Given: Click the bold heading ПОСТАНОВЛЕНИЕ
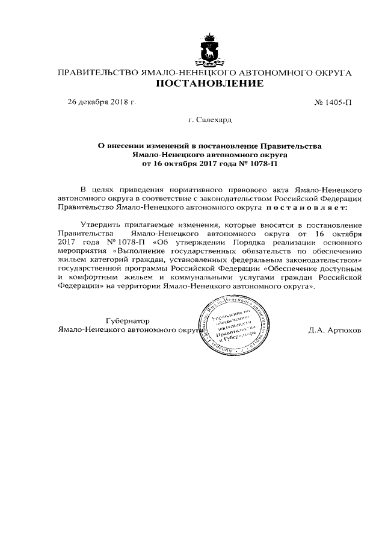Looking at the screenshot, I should (x=209, y=84).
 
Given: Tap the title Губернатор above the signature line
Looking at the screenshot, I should (x=127, y=320).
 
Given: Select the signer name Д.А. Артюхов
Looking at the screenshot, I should (x=334, y=330).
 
